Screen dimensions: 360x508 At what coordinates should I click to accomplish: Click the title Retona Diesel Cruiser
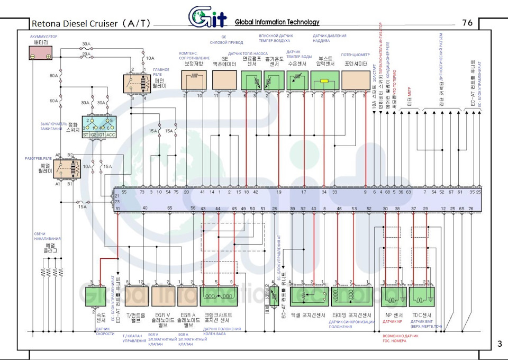[91, 23]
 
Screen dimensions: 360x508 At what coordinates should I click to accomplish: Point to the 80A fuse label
[54, 76]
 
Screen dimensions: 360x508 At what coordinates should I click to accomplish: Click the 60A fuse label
[54, 101]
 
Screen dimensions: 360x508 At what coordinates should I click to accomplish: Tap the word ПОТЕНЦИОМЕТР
[355, 55]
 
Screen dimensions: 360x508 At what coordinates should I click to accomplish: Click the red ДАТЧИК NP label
[392, 322]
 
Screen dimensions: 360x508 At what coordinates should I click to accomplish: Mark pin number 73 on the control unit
[142, 192]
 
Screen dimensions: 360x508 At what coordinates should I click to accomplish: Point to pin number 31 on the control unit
[118, 209]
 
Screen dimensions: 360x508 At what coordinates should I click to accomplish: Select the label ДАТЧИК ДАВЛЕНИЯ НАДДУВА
[329, 39]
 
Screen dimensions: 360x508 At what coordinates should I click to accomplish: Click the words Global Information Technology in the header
[277, 22]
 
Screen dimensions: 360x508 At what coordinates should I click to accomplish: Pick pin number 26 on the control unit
[274, 209]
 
